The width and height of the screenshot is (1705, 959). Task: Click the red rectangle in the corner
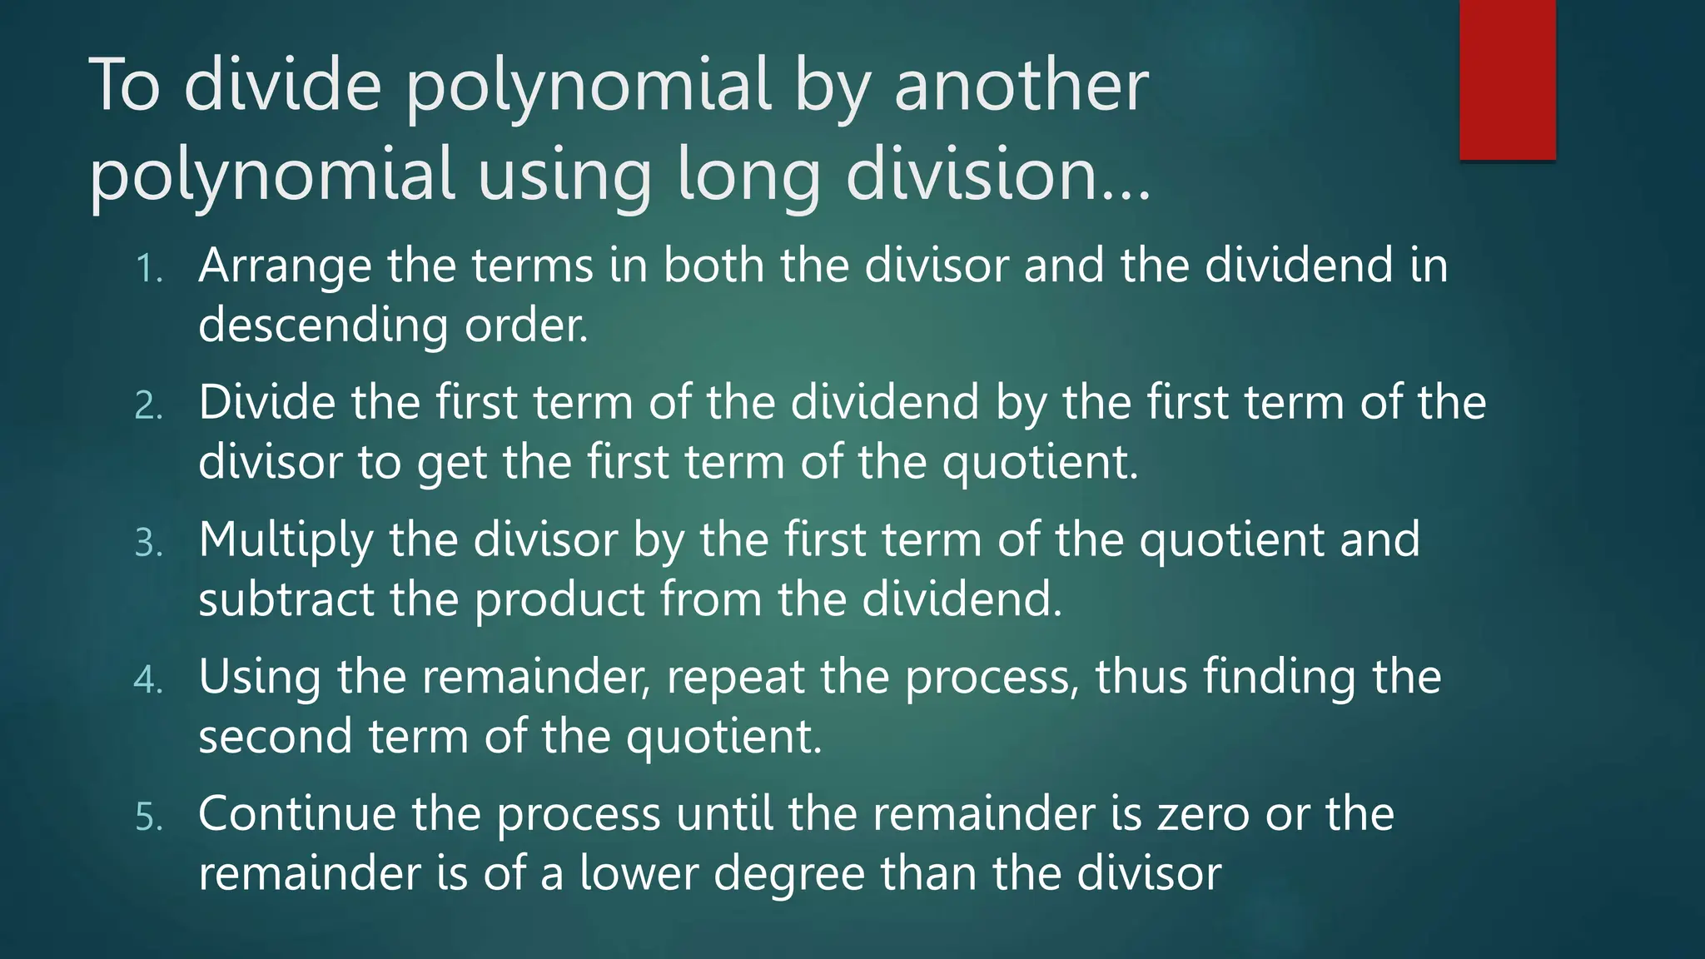[x=1507, y=79]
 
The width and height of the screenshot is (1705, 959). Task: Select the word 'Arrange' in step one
[x=285, y=266]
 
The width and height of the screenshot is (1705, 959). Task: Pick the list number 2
[x=148, y=406]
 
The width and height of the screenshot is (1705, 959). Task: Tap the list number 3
[x=148, y=543]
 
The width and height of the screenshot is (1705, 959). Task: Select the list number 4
[x=148, y=680]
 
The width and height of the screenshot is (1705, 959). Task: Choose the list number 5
[x=148, y=817]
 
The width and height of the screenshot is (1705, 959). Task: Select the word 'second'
[x=276, y=737]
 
